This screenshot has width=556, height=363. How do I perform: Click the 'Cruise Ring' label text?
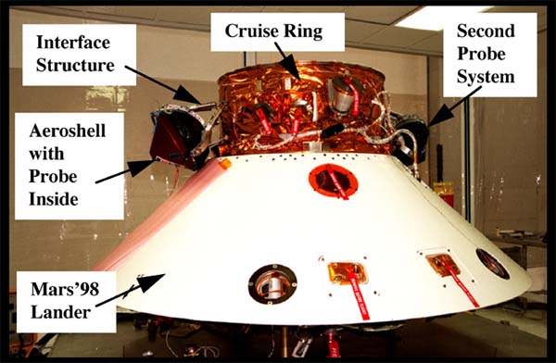[x=273, y=31]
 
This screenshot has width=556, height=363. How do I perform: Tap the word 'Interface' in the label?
[x=73, y=43]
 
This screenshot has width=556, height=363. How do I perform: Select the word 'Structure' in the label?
[x=75, y=65]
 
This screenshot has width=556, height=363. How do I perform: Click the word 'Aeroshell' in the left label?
[x=68, y=131]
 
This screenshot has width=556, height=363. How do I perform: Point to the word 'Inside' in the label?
[x=54, y=199]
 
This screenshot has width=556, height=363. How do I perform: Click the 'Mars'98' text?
[x=65, y=289]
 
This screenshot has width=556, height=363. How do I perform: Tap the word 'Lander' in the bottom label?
[x=60, y=312]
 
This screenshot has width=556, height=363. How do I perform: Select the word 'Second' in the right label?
[x=486, y=31]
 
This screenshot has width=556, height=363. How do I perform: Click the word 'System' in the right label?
[x=486, y=77]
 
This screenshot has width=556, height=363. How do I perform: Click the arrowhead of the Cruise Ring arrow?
[x=293, y=67]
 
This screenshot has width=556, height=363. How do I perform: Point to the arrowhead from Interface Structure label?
[x=187, y=94]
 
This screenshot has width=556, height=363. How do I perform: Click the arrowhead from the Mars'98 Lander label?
[x=152, y=282]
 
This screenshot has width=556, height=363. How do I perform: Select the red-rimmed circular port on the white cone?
[x=333, y=181]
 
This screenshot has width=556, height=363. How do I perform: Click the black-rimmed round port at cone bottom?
[x=272, y=284]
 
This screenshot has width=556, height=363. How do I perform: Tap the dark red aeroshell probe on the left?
[x=175, y=138]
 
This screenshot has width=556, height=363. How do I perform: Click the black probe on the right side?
[x=411, y=139]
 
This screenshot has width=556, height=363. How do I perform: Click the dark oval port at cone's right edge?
[x=493, y=263]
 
